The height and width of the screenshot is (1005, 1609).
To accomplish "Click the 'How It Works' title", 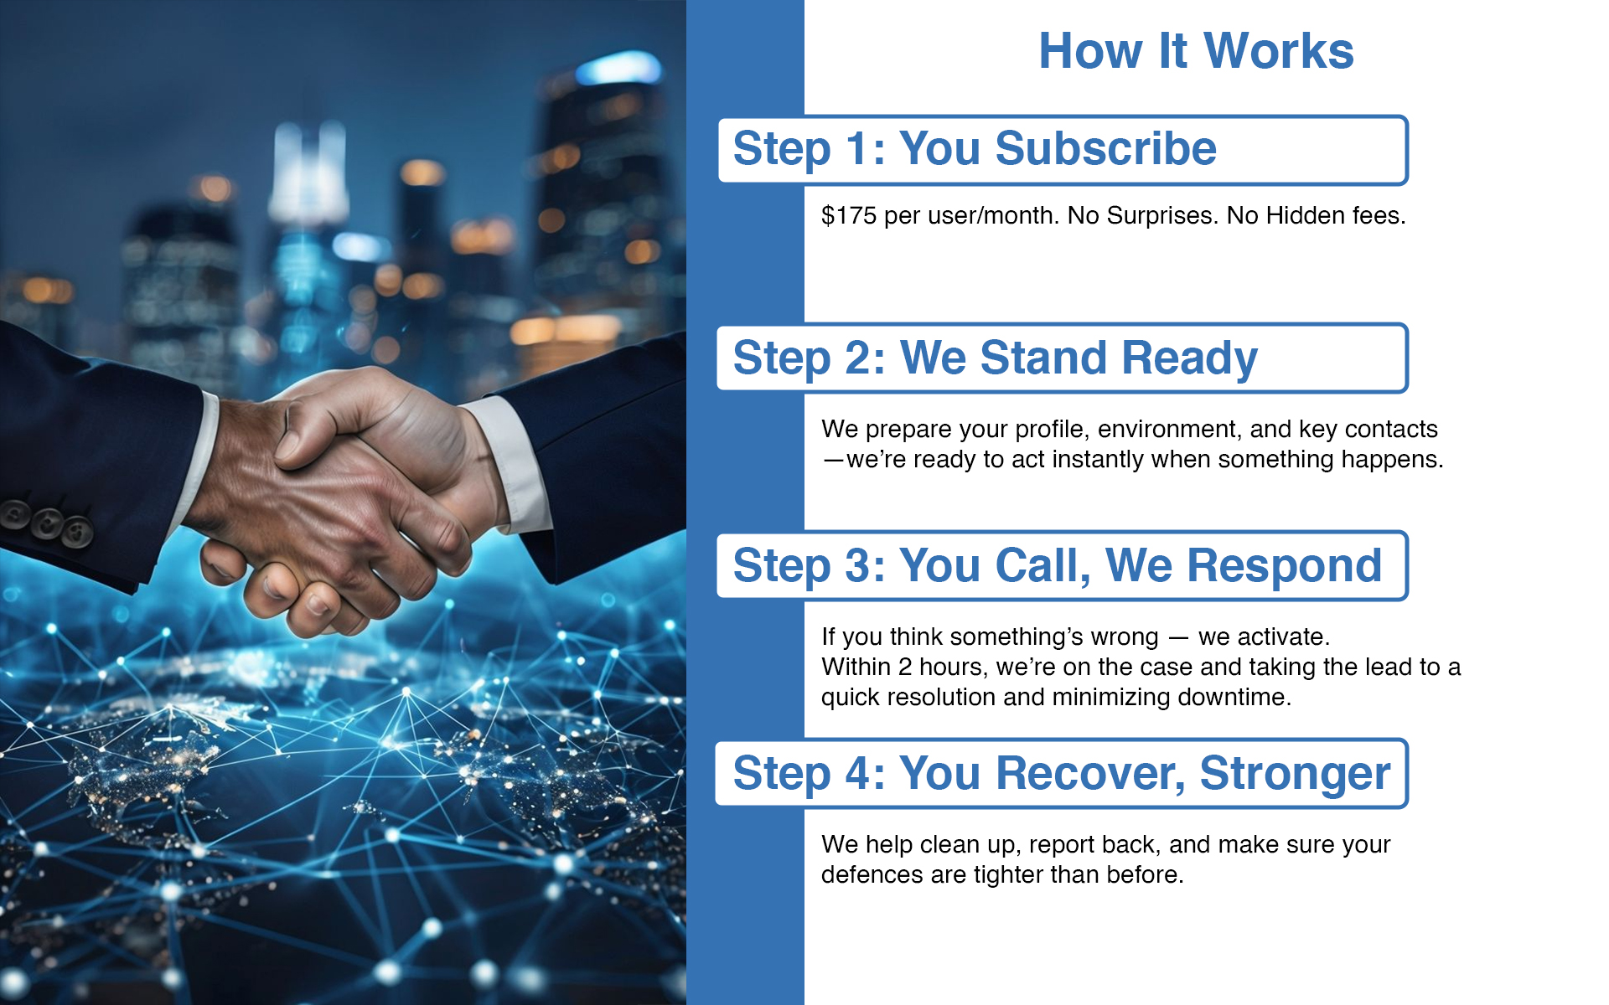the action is click(x=1196, y=51).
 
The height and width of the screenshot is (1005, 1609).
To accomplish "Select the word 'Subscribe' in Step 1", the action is click(x=1105, y=149).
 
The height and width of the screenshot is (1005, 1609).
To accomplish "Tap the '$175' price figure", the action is click(x=849, y=215).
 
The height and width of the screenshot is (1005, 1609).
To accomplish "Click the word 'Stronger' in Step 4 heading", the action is click(x=1295, y=774).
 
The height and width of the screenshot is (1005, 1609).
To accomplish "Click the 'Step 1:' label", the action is click(x=809, y=149).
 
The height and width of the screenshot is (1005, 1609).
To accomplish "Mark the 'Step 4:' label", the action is click(x=809, y=774).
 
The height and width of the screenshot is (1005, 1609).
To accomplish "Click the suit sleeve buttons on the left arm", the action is click(x=47, y=522).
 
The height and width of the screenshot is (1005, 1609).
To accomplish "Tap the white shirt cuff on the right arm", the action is click(x=507, y=463).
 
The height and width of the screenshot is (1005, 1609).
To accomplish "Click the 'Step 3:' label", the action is click(x=809, y=566).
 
